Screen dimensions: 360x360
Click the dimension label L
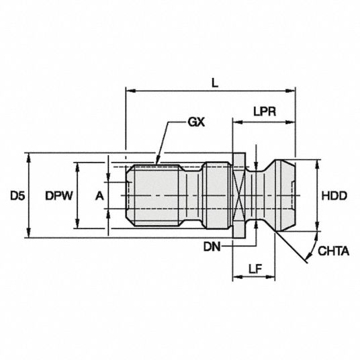click(215, 83)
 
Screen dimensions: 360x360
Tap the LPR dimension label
click(265, 111)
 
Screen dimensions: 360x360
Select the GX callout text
click(196, 122)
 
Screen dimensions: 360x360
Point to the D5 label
click(17, 196)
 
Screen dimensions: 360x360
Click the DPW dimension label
click(59, 196)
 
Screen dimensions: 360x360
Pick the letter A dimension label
click(99, 196)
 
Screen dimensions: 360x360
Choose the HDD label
click(334, 196)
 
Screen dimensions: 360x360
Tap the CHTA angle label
click(333, 251)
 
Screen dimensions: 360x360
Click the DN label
click(212, 247)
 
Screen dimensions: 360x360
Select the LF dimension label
click(255, 269)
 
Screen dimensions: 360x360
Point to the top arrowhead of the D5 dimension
click(29, 157)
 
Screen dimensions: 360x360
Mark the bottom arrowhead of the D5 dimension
click(29, 233)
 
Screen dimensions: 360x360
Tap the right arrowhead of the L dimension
click(290, 91)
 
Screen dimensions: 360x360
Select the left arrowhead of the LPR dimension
click(238, 122)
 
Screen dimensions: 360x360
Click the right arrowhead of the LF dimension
click(270, 277)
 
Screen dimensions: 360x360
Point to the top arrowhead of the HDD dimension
click(318, 164)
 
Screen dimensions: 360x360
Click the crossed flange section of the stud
click(239, 195)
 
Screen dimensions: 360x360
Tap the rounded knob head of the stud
click(284, 195)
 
